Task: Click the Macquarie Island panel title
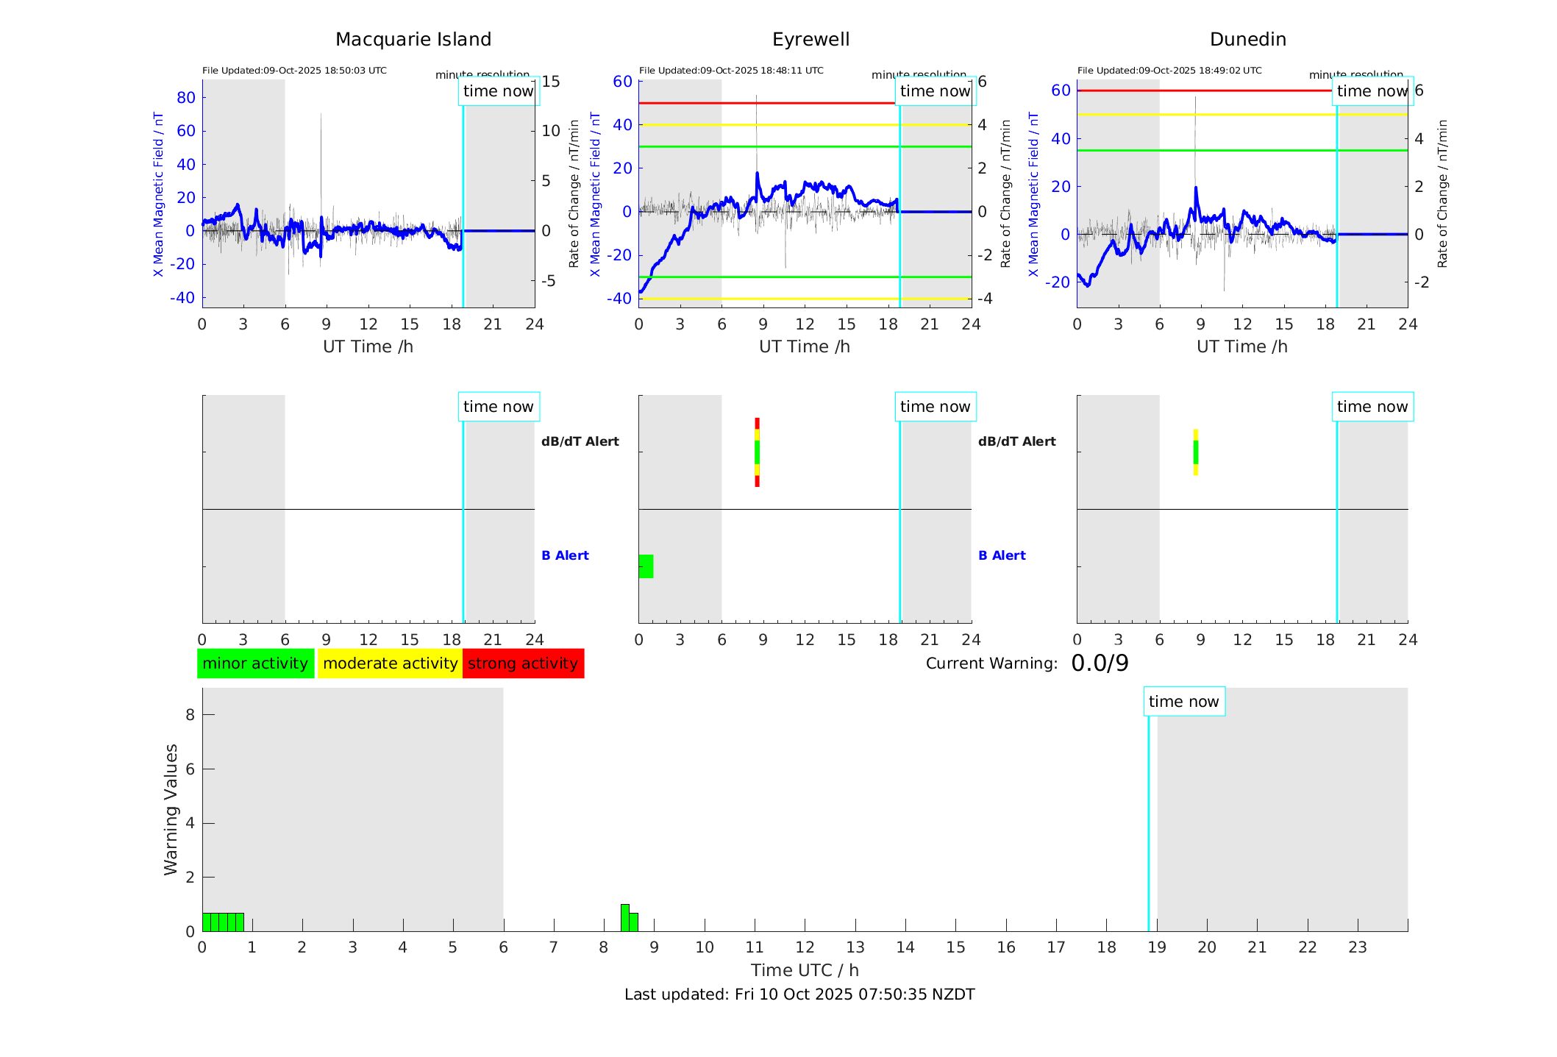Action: (x=413, y=40)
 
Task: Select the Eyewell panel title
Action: (x=810, y=40)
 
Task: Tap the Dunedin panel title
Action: (x=1247, y=40)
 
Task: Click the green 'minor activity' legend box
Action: (x=255, y=663)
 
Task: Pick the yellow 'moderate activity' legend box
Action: (x=390, y=663)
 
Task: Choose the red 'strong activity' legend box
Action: (x=523, y=663)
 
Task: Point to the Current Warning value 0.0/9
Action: (x=1100, y=663)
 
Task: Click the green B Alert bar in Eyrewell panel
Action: (x=646, y=566)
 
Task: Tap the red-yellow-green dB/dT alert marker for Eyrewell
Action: (x=757, y=452)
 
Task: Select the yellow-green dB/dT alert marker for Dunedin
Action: (x=1196, y=452)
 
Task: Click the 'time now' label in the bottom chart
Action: (x=1183, y=702)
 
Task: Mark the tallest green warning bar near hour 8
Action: (x=625, y=917)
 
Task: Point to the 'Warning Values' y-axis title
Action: (x=171, y=809)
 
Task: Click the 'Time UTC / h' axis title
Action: (x=805, y=970)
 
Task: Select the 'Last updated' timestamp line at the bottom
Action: (x=799, y=994)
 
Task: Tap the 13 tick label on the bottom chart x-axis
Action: (x=855, y=947)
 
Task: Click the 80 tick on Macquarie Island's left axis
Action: (x=186, y=98)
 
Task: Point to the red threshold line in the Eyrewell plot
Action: (x=765, y=103)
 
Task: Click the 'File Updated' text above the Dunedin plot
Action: (x=1169, y=71)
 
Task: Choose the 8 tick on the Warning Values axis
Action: (x=190, y=714)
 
